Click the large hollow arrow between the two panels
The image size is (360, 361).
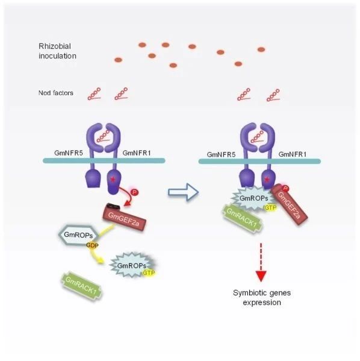[183, 192]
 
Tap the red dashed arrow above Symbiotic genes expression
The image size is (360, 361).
[261, 262]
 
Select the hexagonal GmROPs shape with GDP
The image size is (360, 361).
[79, 235]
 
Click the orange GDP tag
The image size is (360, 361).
[92, 245]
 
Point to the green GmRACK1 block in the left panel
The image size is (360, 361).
[81, 286]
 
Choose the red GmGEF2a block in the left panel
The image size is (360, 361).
[124, 218]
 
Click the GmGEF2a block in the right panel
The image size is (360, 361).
[290, 204]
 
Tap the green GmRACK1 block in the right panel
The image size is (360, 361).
[242, 218]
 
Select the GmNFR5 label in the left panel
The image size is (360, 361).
[69, 153]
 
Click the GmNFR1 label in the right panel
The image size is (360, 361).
[293, 154]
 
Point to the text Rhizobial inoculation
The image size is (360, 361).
[57, 51]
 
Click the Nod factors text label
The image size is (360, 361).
[55, 93]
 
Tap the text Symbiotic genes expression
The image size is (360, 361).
[262, 298]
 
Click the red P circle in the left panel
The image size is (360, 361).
[135, 192]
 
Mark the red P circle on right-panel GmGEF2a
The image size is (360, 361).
[285, 189]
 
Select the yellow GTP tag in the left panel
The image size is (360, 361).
[149, 273]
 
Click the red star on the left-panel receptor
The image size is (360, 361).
[113, 180]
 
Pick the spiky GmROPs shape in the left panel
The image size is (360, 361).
[132, 265]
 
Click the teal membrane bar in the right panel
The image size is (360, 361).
[259, 161]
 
